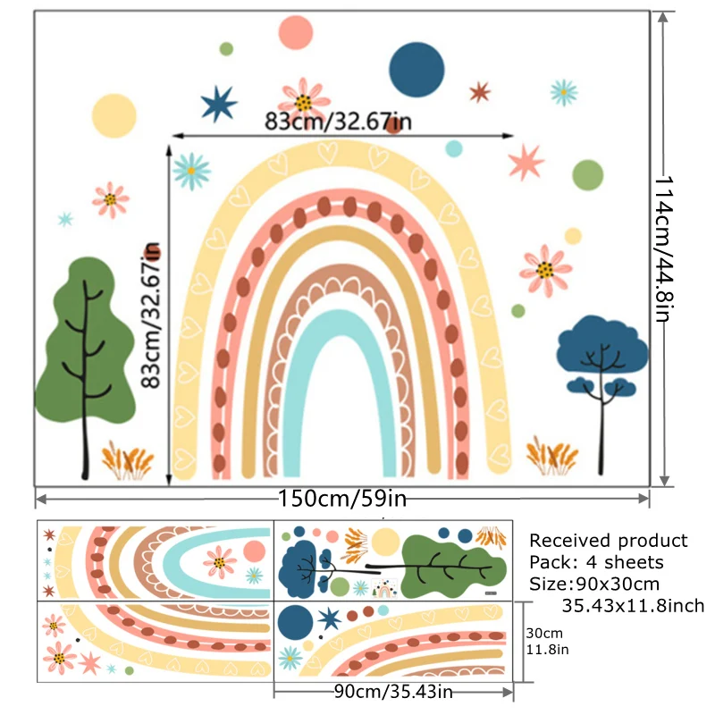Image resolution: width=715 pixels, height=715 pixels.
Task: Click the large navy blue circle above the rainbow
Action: tap(416, 69)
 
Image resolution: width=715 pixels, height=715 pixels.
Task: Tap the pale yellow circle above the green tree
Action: tap(114, 114)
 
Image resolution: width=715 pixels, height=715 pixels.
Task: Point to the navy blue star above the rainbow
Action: tap(219, 105)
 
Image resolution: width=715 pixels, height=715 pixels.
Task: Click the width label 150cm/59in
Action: tap(343, 498)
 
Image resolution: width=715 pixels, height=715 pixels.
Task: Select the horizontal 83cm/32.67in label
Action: tap(338, 121)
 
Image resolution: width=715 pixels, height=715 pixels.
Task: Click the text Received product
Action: tap(609, 540)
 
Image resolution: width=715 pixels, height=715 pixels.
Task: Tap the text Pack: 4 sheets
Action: tap(596, 562)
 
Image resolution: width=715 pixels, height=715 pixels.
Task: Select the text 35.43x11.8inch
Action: tap(633, 606)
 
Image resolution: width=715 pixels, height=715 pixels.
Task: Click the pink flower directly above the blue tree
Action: tap(546, 269)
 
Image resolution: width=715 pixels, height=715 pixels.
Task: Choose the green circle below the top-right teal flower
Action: tap(587, 175)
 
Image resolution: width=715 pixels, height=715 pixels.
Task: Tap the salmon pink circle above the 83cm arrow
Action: tap(295, 33)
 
